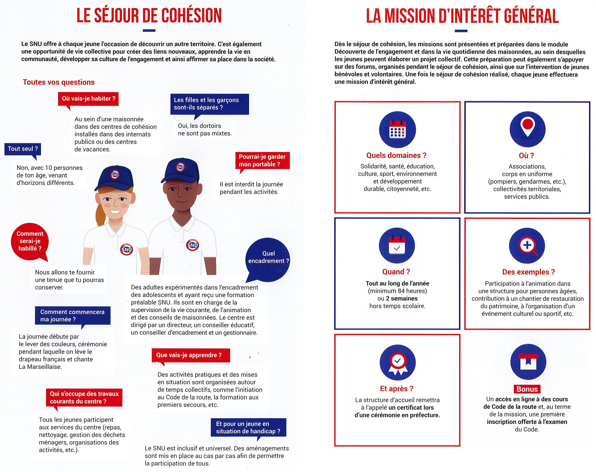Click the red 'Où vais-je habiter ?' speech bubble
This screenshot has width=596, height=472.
click(88, 99)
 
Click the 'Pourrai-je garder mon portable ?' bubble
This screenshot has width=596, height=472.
click(262, 161)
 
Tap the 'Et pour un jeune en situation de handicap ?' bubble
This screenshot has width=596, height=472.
click(248, 428)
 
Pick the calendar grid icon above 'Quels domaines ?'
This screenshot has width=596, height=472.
click(397, 129)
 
